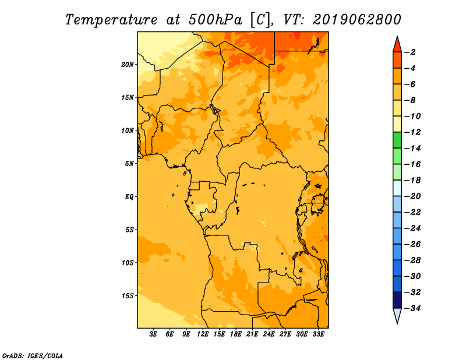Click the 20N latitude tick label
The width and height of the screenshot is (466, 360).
(128, 65)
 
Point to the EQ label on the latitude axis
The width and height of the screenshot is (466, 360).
(129, 197)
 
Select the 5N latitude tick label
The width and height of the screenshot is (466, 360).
(129, 164)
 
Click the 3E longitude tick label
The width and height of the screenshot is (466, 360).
(153, 334)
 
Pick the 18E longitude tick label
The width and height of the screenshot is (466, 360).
(236, 334)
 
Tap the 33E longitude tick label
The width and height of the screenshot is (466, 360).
(318, 334)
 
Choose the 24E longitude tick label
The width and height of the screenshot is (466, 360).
(269, 334)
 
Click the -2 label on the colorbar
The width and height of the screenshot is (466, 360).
(411, 52)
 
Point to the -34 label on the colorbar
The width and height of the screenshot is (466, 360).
(412, 308)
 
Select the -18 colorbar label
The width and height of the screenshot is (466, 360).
(412, 181)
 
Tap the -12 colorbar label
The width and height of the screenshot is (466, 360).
(412, 132)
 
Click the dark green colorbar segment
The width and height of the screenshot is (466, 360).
(397, 140)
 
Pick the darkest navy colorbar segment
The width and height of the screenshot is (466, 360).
(397, 300)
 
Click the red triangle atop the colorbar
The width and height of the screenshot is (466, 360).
(397, 45)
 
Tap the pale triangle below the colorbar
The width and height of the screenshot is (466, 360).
(397, 315)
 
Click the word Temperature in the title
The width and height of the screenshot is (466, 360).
(111, 20)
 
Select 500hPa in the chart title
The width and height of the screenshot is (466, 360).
(215, 20)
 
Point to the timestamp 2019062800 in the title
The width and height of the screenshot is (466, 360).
(357, 20)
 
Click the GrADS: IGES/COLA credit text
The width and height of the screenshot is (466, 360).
(33, 355)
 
